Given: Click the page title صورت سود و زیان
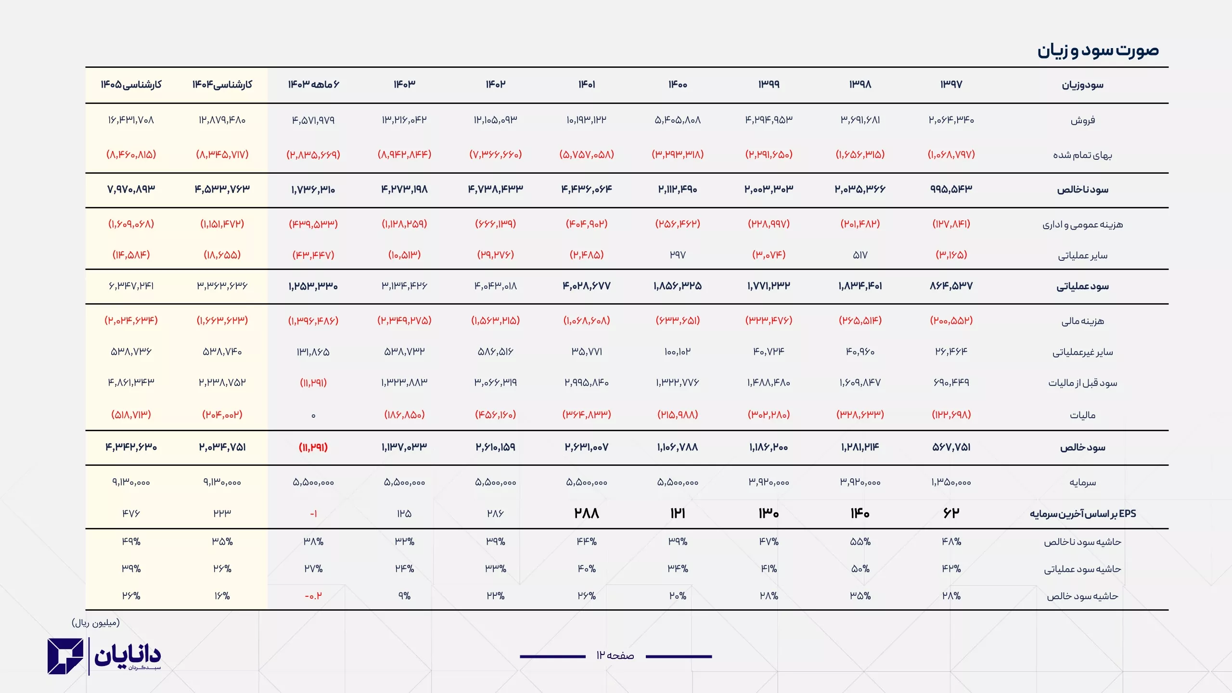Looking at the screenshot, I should [1098, 51].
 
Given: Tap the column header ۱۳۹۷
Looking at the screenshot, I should [951, 85].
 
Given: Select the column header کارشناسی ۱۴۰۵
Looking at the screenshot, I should [131, 85].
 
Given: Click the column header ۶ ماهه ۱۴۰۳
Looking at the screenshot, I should [313, 85].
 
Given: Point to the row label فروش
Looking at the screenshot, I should [1082, 120].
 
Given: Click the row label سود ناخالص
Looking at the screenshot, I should [1082, 190].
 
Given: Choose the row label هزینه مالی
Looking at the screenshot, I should [1082, 321].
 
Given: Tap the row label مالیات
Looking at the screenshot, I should [1082, 415].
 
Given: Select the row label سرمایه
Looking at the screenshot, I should [1082, 482].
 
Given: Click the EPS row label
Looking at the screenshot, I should [1082, 513].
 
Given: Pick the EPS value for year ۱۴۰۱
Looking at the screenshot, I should [586, 513].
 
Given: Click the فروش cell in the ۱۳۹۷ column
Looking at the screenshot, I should [951, 120].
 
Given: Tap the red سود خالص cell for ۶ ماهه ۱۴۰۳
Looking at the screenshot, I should [313, 448].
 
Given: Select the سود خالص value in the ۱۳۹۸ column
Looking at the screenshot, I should [860, 448].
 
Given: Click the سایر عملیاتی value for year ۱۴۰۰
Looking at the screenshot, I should [678, 255].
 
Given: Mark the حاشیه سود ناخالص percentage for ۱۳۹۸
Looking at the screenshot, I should [860, 542].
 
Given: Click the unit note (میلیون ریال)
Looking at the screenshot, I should [96, 623].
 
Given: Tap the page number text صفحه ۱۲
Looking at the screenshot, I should [615, 655].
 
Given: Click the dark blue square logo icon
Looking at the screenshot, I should [65, 656].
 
